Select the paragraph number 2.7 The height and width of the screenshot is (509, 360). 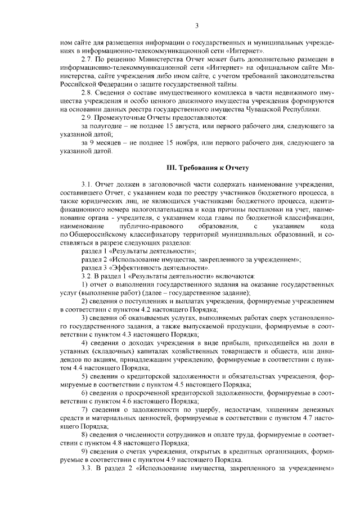click(87, 59)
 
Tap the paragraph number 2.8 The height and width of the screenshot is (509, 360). click(87, 92)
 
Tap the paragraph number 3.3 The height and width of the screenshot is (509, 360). click(87, 467)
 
